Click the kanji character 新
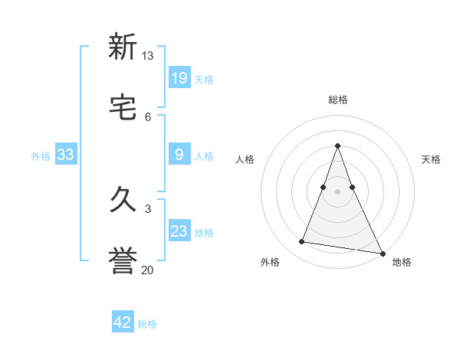pos(123,47)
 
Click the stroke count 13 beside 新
pos(148,56)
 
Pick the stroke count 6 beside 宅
pos(148,116)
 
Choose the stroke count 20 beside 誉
pos(148,270)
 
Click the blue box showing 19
pos(179,77)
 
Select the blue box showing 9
pos(179,155)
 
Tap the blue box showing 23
pos(179,231)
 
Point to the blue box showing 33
pos(66,155)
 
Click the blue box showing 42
pos(123,322)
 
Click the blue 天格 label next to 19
pos(204,79)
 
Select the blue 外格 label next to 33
pos(41,156)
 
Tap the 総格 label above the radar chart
pos(338,100)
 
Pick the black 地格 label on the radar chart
pos(402,262)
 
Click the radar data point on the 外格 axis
pos(301,242)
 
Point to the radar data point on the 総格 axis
pos(338,146)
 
